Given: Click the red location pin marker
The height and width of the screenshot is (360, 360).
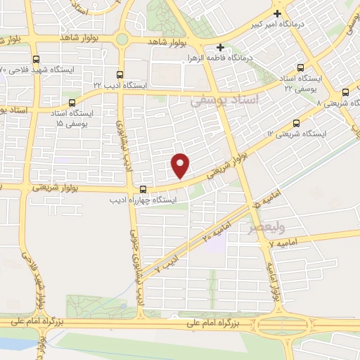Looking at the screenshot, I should pyautogui.click(x=181, y=166).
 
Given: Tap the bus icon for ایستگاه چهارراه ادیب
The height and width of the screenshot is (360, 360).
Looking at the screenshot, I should pyautogui.click(x=143, y=189).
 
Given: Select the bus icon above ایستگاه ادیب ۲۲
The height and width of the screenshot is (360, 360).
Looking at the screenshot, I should pyautogui.click(x=119, y=74).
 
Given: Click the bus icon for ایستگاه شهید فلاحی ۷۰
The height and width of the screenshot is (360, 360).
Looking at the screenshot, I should pyautogui.click(x=36, y=60).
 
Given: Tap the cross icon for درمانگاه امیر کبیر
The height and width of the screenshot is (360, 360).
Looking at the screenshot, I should pyautogui.click(x=278, y=14).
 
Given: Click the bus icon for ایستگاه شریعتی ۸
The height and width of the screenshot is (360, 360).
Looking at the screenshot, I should pyautogui.click(x=346, y=91).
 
